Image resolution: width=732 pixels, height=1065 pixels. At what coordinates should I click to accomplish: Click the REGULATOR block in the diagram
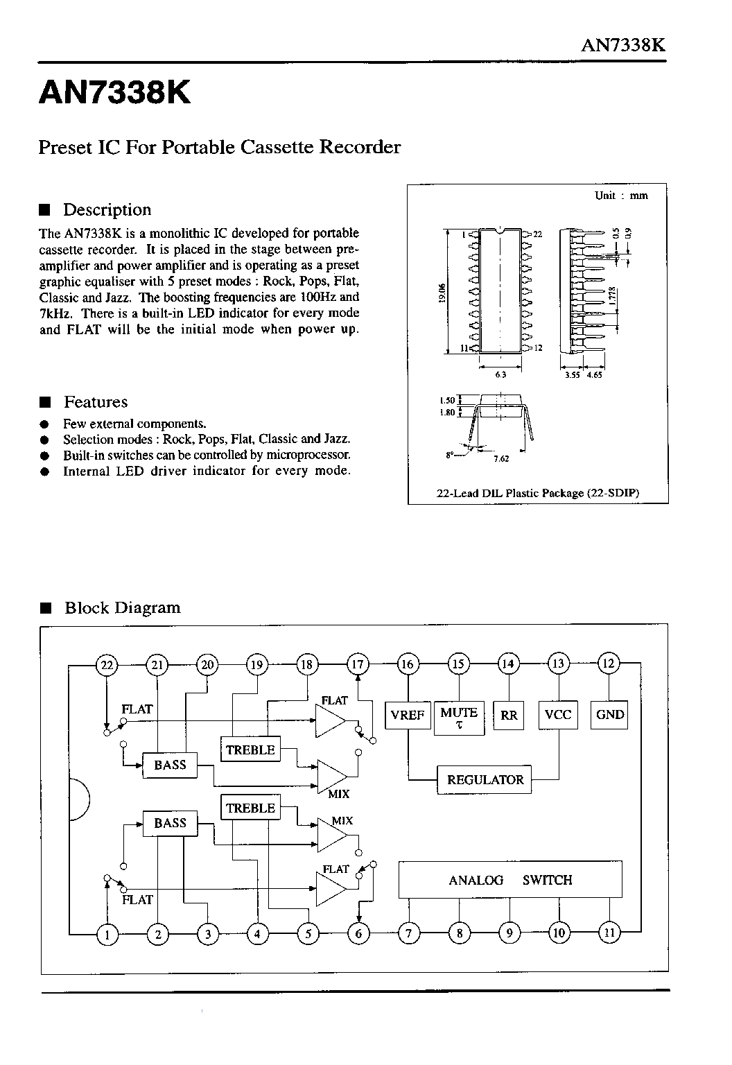[x=484, y=779]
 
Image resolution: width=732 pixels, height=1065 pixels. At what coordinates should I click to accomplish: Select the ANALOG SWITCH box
[x=510, y=879]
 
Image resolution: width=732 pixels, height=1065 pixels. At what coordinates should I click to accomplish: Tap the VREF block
[x=408, y=715]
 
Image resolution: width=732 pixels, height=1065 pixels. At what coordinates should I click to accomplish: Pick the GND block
[x=609, y=715]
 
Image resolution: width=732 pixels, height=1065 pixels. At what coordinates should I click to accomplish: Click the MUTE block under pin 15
[x=459, y=718]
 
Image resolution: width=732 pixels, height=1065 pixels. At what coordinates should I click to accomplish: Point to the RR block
[x=509, y=715]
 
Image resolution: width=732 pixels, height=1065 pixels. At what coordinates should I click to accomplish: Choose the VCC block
[x=558, y=715]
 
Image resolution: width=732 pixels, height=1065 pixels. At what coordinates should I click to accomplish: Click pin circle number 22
[x=107, y=664]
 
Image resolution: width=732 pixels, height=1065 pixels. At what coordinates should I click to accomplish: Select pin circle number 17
[x=358, y=664]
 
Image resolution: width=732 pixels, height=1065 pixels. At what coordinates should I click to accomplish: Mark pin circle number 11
[x=609, y=933]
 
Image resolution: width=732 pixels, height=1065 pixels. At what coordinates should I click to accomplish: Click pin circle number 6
[x=358, y=933]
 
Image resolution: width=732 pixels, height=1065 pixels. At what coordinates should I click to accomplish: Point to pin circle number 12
[x=609, y=664]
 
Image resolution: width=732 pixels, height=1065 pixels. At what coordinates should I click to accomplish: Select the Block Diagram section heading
[x=123, y=607]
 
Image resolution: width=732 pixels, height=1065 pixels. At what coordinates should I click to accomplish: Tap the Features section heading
[x=96, y=401]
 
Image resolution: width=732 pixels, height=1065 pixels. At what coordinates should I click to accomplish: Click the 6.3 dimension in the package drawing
[x=500, y=374]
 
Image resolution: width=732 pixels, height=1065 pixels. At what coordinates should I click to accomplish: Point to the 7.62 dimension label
[x=501, y=458]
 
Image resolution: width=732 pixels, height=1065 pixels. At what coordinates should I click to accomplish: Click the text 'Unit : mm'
[x=621, y=196]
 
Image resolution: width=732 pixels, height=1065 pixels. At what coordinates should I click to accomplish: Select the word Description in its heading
[x=107, y=209]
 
